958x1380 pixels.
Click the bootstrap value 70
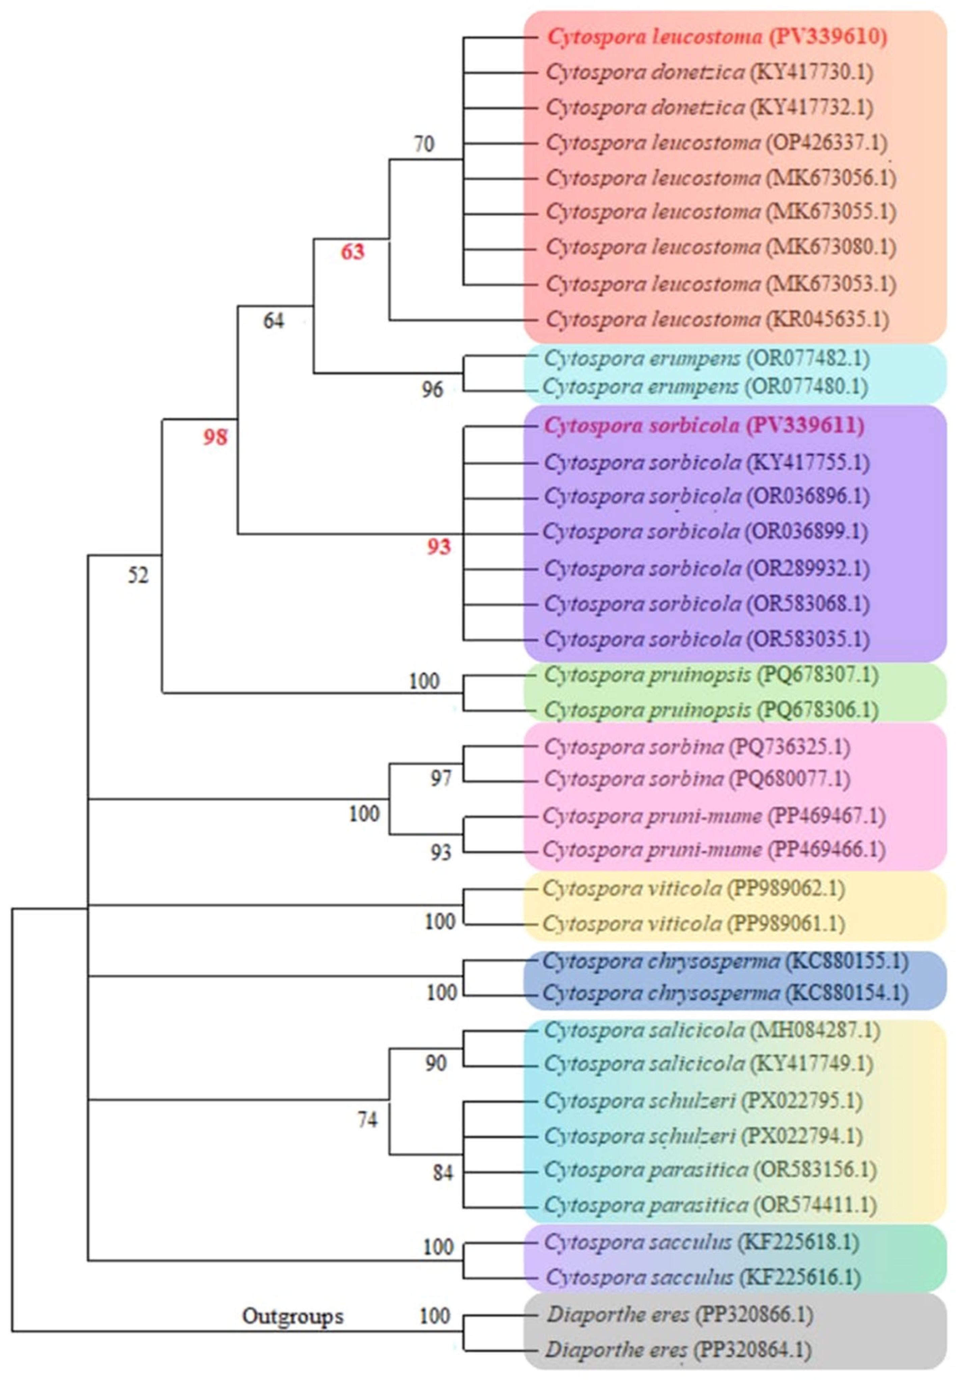pyautogui.click(x=424, y=144)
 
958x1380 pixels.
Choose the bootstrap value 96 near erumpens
pyautogui.click(x=432, y=390)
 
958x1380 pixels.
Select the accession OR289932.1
pyautogui.click(x=808, y=568)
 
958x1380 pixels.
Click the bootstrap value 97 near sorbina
pyautogui.click(x=441, y=778)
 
